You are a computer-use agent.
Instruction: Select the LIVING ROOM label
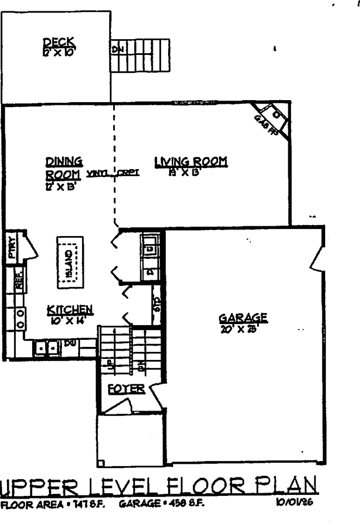190,161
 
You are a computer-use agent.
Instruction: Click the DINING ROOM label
64,167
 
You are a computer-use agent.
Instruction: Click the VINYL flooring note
97,173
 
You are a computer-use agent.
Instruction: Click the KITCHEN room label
70,310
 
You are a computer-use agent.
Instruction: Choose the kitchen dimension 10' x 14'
70,320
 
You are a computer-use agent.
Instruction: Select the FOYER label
126,389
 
